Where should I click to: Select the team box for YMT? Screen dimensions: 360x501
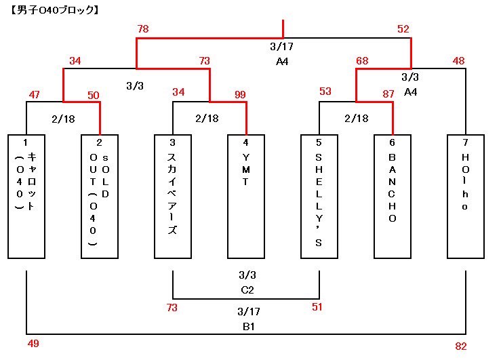(245, 196)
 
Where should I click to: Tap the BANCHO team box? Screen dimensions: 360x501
(393, 196)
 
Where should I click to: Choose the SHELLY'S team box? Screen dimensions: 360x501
(319, 196)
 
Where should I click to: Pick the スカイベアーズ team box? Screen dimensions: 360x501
(172, 196)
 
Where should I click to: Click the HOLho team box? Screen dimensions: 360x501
(466, 196)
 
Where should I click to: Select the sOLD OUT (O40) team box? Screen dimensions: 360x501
(99, 196)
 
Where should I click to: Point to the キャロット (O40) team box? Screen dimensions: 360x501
(26, 196)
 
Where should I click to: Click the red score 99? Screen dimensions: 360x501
(240, 93)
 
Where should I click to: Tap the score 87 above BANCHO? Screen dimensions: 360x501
(388, 93)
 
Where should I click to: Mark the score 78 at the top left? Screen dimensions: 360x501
(142, 29)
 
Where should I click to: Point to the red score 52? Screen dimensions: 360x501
(403, 29)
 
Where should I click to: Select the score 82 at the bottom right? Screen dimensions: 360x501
(461, 346)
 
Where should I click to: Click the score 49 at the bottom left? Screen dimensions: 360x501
(33, 344)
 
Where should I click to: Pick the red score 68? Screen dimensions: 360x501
(363, 61)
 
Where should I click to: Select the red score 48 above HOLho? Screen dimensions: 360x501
(459, 61)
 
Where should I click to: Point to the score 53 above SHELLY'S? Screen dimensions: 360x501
(325, 92)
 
